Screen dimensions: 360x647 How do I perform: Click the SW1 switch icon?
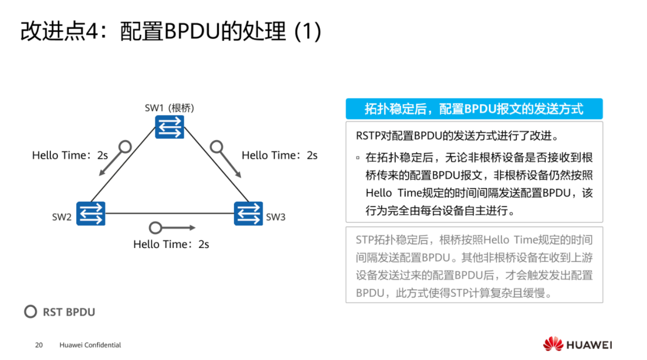pos(169,127)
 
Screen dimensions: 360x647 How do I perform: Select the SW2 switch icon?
pos(91,213)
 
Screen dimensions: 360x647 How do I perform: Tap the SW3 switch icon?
pos(248,213)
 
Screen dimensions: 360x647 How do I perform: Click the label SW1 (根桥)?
pos(169,108)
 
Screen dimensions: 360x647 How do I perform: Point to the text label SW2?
pos(62,217)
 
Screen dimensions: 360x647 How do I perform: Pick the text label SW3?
pos(276,217)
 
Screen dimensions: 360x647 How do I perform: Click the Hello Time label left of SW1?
pos(70,155)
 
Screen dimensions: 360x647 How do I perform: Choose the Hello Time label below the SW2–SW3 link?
pos(171,245)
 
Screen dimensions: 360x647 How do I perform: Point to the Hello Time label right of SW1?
pos(280,155)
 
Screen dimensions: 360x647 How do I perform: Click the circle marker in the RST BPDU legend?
pos(31,312)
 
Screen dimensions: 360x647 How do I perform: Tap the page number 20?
pos(38,345)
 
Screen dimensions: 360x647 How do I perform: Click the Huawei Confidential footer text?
pos(90,345)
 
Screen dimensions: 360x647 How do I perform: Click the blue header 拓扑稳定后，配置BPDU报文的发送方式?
pos(474,109)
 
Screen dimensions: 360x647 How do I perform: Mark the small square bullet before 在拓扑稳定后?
pos(358,158)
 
